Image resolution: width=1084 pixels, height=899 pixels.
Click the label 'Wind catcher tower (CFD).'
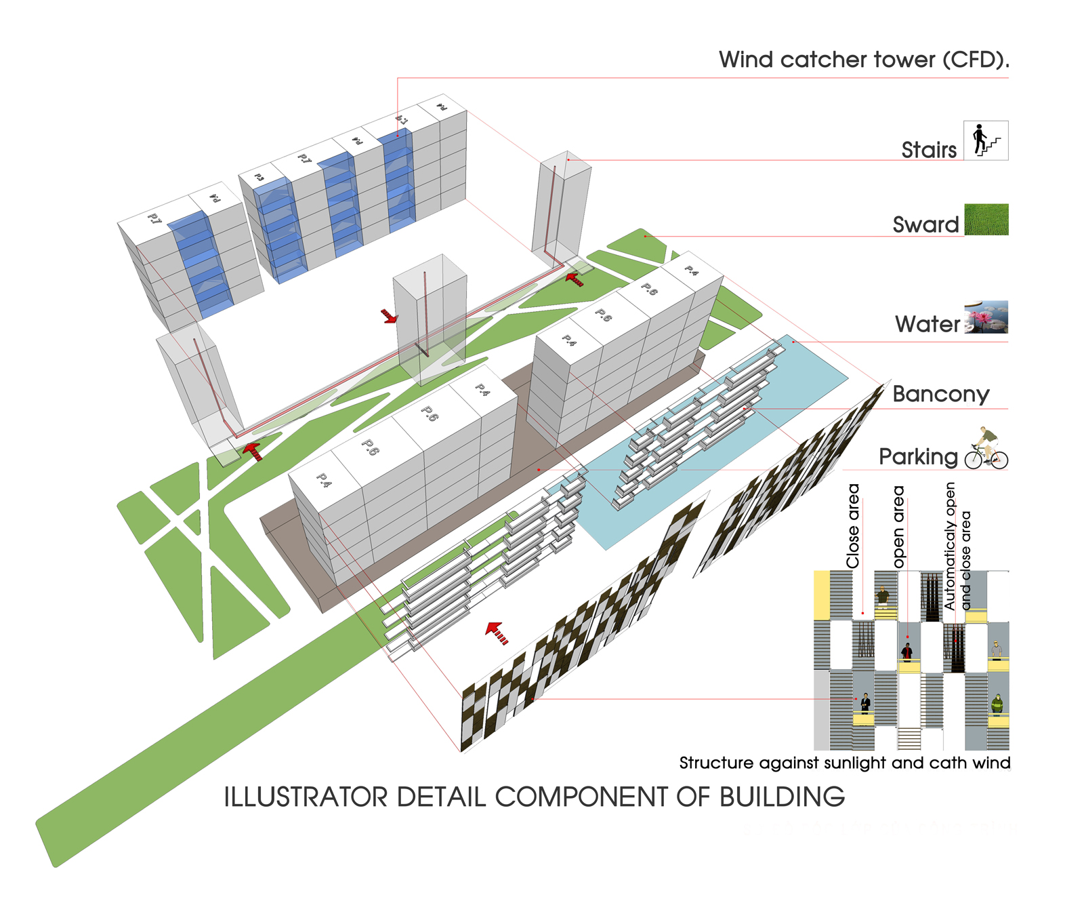[x=864, y=60]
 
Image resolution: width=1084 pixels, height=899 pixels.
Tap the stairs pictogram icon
[x=986, y=140]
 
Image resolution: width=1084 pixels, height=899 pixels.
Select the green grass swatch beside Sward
[x=986, y=220]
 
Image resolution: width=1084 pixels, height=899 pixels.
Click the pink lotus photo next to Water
[x=986, y=317]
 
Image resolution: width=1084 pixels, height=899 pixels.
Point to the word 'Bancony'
[x=940, y=394]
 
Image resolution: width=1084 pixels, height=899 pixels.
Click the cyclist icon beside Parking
[x=986, y=449]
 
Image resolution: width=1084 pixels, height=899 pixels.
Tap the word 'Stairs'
[x=929, y=150]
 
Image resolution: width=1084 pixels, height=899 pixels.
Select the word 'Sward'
[x=925, y=224]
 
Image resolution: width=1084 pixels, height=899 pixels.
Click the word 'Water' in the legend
[x=927, y=324]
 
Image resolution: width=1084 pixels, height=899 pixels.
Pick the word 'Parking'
[x=918, y=457]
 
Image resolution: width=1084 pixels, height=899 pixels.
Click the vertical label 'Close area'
[x=853, y=526]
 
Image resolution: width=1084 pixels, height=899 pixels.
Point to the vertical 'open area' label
[x=899, y=526]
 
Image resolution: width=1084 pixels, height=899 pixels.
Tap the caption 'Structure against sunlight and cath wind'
[x=844, y=763]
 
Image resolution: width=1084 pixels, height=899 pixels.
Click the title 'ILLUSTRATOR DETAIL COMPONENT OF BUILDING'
[x=534, y=797]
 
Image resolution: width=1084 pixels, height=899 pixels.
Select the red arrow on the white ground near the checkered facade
[x=497, y=632]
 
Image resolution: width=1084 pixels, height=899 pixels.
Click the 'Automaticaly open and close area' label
[x=957, y=546]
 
